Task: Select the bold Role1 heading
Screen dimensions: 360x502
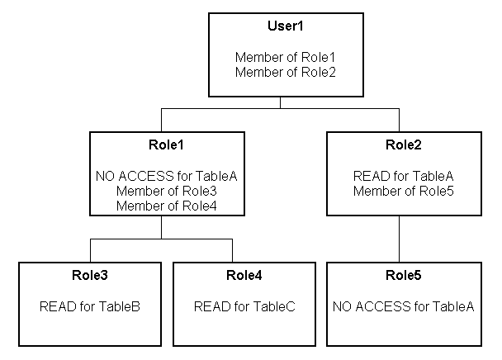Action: [161, 146]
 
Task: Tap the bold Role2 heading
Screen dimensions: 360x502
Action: [403, 146]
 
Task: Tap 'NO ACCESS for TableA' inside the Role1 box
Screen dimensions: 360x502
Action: [161, 176]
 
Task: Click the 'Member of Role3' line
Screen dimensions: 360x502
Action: [161, 191]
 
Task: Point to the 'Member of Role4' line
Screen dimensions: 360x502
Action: [161, 206]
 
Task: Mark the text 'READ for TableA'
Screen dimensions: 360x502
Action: [403, 176]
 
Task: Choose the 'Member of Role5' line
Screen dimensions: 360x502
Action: [403, 191]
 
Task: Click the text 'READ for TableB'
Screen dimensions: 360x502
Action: [89, 307]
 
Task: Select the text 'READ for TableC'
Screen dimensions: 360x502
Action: [244, 307]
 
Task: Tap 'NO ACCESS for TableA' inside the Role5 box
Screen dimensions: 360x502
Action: [403, 307]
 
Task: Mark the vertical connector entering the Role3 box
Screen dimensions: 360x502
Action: [89, 250]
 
